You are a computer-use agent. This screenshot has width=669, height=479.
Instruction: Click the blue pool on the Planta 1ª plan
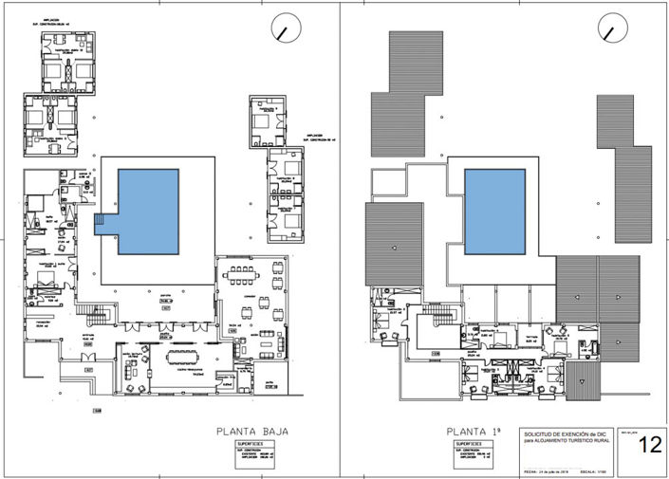(494, 211)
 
